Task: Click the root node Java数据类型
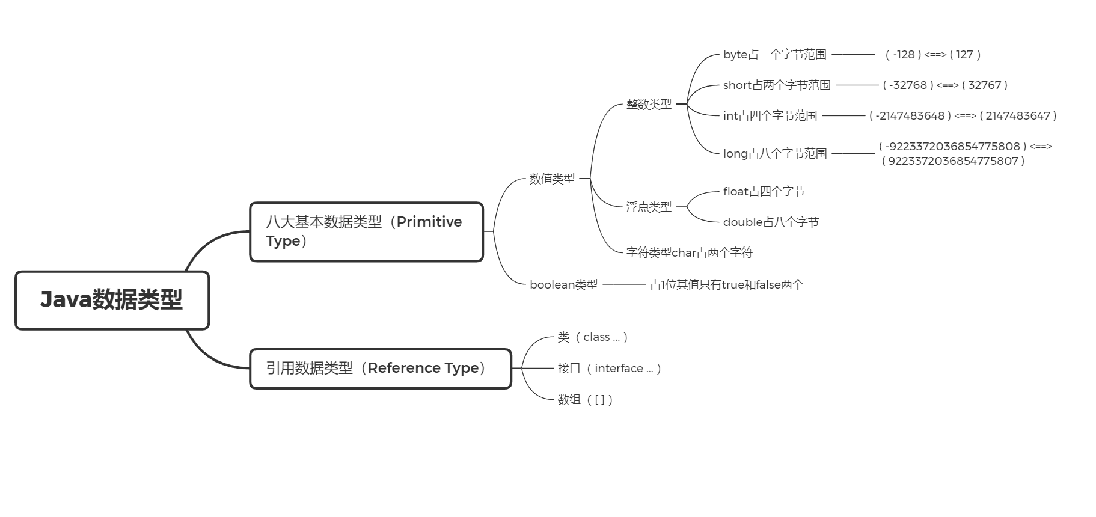pyautogui.click(x=112, y=300)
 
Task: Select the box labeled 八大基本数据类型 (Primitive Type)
pyautogui.click(x=366, y=231)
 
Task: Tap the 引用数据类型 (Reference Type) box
pyautogui.click(x=380, y=368)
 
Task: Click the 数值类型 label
pyautogui.click(x=552, y=179)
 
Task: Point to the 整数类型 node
pyautogui.click(x=649, y=104)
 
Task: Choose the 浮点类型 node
pyautogui.click(x=649, y=207)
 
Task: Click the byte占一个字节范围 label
pyautogui.click(x=774, y=54)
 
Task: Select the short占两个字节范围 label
pyautogui.click(x=777, y=85)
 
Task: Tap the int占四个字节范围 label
pyautogui.click(x=770, y=115)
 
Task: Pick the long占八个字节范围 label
pyautogui.click(x=774, y=153)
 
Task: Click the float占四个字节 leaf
pyautogui.click(x=764, y=191)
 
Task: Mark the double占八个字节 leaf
pyautogui.click(x=771, y=222)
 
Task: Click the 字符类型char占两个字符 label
pyautogui.click(x=689, y=252)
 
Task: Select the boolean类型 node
pyautogui.click(x=563, y=284)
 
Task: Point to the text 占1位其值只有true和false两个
pyautogui.click(x=726, y=284)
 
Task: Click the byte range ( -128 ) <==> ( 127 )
pyautogui.click(x=932, y=54)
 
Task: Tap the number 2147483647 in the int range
pyautogui.click(x=1017, y=115)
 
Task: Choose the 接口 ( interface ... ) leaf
pyautogui.click(x=609, y=368)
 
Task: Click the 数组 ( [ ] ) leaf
pyautogui.click(x=585, y=399)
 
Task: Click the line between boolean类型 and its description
pyautogui.click(x=624, y=284)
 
